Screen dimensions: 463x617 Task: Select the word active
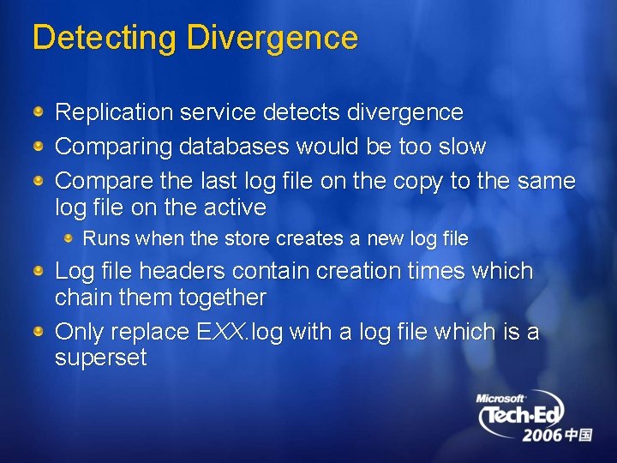click(235, 207)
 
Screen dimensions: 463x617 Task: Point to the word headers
click(181, 272)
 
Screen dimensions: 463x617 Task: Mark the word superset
click(101, 358)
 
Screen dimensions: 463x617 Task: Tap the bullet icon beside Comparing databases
click(39, 147)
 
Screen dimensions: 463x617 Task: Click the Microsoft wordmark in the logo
click(502, 399)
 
